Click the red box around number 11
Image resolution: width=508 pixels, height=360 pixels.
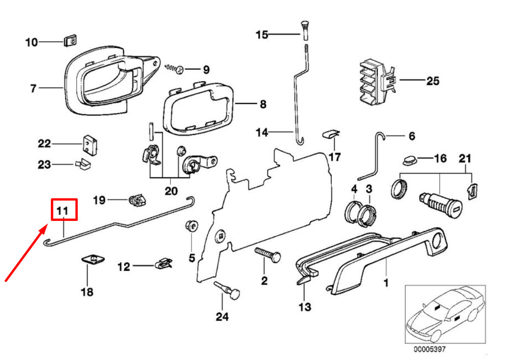(64, 210)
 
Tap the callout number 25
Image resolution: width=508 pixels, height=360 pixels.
(432, 81)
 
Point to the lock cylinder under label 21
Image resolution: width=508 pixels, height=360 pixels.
(440, 205)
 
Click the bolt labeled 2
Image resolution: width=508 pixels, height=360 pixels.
(268, 254)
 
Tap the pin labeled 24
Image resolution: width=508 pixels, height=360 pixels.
(227, 290)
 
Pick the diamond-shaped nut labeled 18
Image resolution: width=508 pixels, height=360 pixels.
(93, 259)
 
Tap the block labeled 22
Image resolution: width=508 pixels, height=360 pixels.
(90, 144)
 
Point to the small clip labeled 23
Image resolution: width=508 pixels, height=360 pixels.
(83, 164)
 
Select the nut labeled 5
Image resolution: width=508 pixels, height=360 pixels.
(192, 225)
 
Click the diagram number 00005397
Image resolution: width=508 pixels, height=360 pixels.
(429, 349)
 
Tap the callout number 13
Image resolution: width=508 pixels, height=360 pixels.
(304, 307)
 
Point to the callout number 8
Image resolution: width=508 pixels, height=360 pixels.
(263, 104)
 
